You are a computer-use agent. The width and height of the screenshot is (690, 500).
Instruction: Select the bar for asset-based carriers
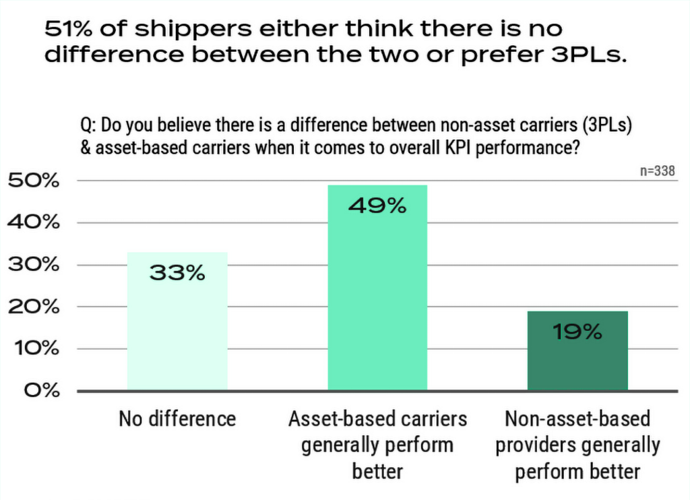(377, 303)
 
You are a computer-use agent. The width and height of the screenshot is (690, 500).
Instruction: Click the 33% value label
(177, 274)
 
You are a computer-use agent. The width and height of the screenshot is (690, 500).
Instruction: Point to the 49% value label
(377, 206)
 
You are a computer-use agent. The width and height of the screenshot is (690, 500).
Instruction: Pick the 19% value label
(577, 332)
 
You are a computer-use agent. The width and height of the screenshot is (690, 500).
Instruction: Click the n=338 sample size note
(657, 171)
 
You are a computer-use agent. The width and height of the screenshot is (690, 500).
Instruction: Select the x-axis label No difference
(177, 419)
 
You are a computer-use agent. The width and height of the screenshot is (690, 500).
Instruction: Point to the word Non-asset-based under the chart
(577, 419)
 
